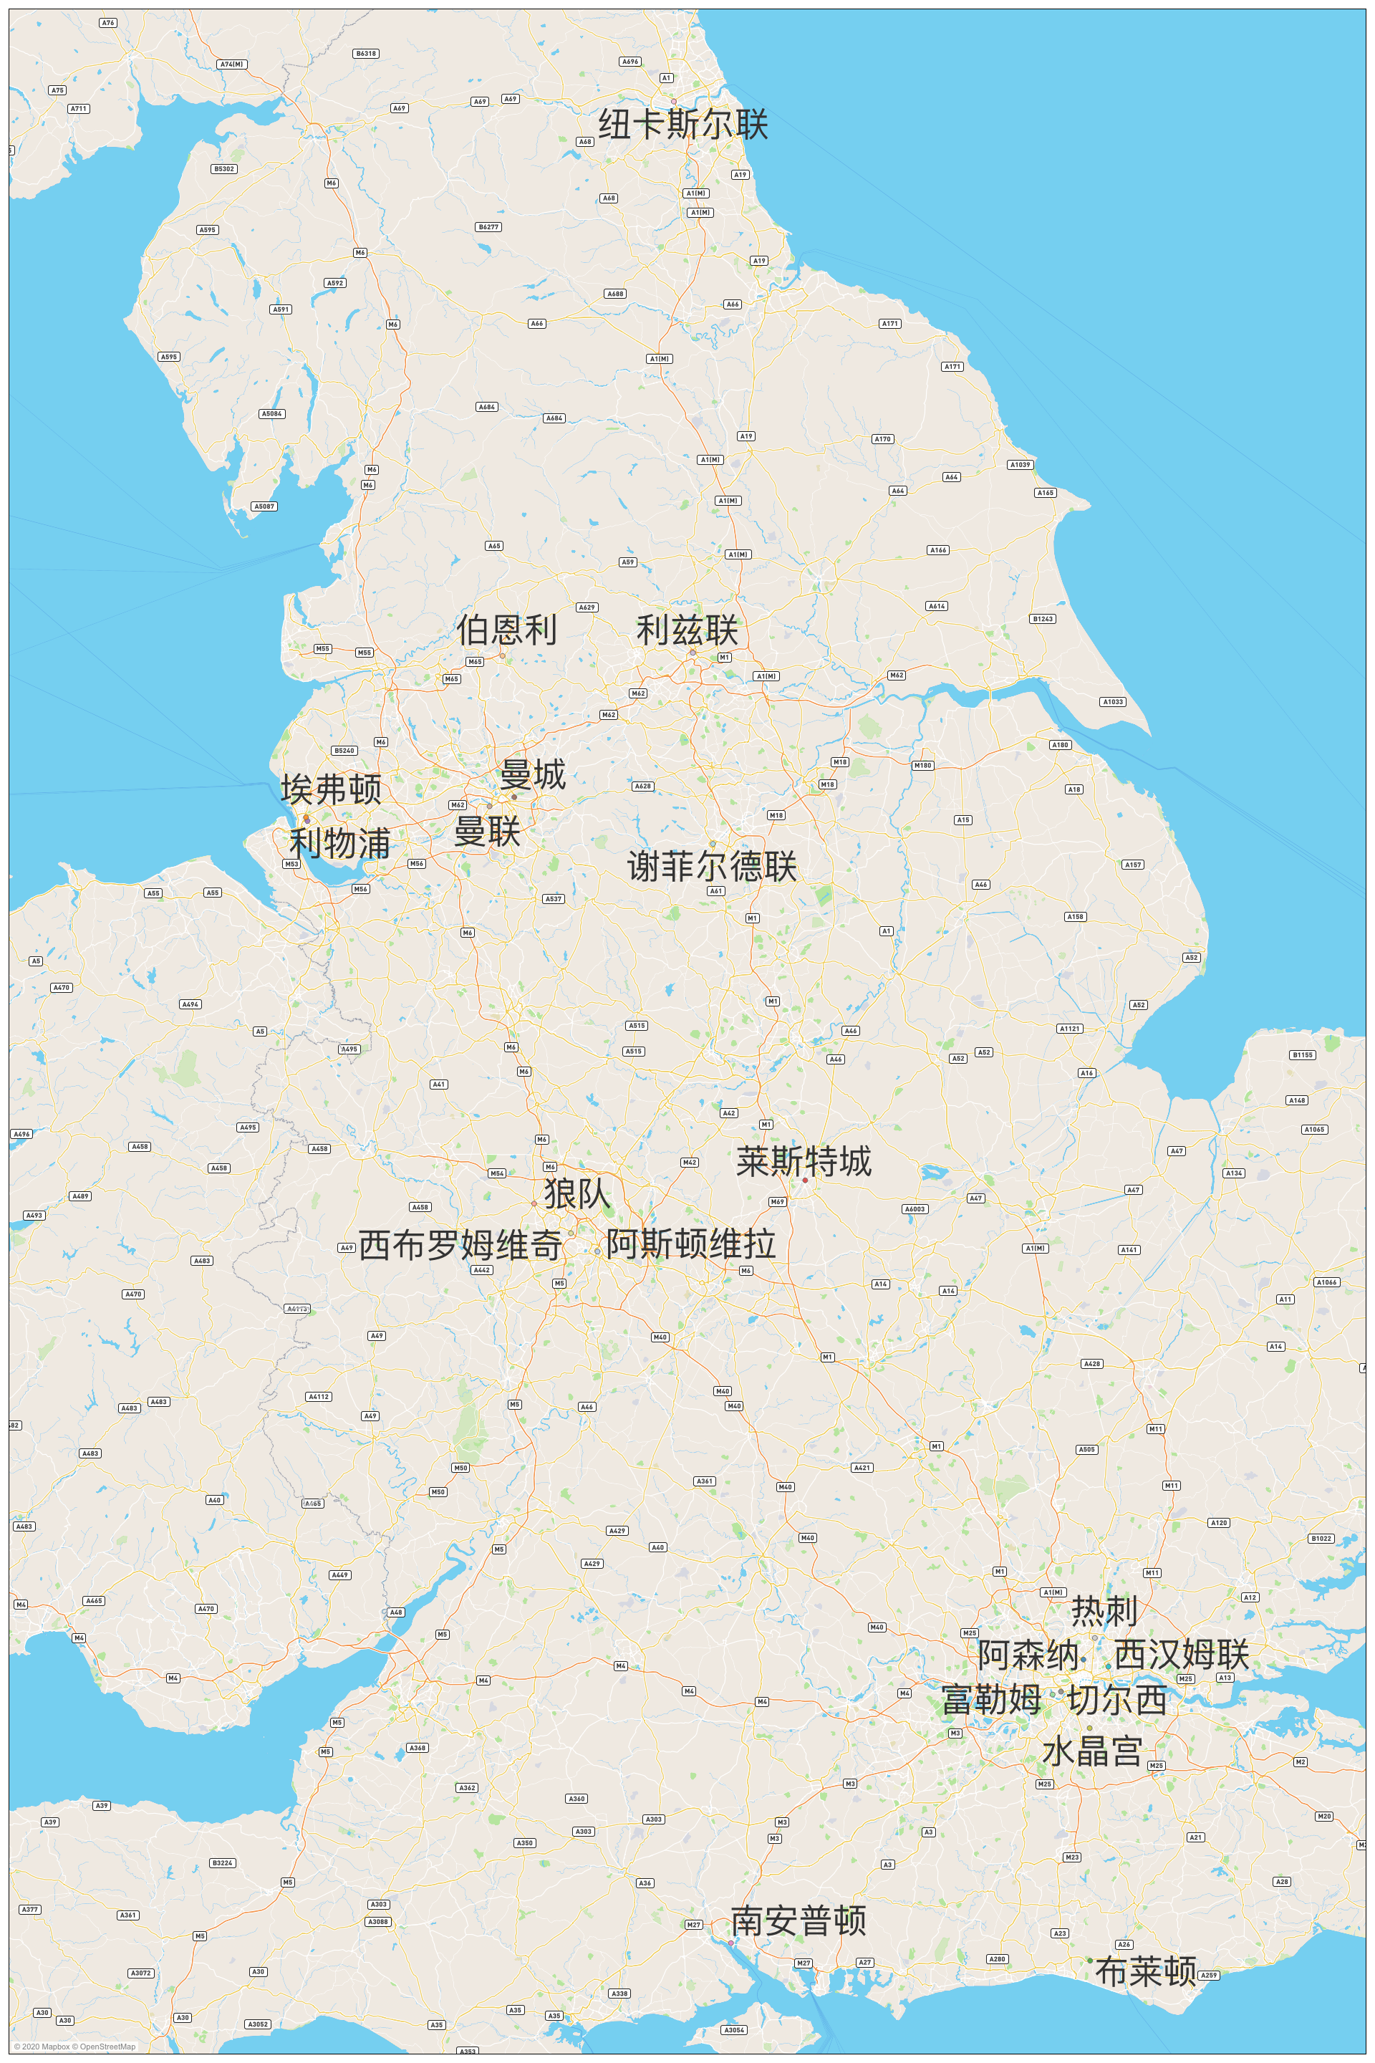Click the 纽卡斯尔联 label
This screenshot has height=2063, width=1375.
(683, 125)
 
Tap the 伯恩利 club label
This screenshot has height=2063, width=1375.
(507, 630)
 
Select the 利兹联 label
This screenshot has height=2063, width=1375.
(687, 630)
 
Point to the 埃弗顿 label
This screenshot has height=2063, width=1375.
(332, 789)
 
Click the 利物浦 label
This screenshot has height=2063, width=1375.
(340, 844)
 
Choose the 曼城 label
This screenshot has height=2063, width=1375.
(533, 775)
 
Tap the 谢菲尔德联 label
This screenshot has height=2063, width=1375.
(712, 867)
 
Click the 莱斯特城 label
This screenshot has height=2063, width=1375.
(804, 1161)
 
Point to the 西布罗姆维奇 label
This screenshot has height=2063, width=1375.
(460, 1245)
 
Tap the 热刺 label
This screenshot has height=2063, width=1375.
(1105, 1611)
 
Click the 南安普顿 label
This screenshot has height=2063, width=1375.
(799, 1921)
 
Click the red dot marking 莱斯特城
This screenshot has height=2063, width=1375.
(805, 1180)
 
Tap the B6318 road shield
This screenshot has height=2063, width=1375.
(366, 54)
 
